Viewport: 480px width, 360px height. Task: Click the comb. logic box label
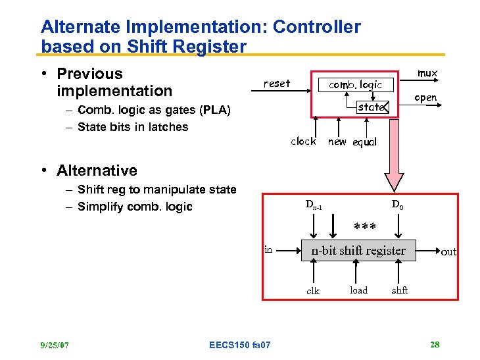355,85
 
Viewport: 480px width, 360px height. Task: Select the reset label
276,84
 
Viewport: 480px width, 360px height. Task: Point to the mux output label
427,73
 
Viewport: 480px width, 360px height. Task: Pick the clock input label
303,141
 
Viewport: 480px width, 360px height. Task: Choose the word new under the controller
337,141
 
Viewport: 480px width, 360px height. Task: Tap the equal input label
365,143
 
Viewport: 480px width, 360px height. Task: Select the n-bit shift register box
358,250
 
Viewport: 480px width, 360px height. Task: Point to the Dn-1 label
314,205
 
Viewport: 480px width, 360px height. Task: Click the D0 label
398,205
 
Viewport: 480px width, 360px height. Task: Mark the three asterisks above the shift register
365,228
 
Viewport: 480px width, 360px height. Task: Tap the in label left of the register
268,249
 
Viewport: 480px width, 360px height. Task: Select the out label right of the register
448,251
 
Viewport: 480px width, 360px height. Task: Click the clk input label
313,291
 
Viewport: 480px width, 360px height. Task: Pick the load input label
358,290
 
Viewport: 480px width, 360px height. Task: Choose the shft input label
400,290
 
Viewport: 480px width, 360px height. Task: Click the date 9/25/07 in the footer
55,344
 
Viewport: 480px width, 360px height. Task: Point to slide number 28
435,344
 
